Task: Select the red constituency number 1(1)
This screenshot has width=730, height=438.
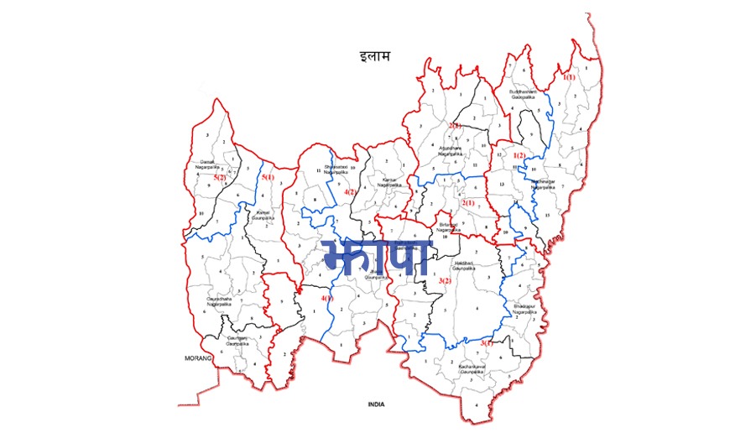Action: [x=569, y=77]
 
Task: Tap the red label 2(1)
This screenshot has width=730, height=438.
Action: [x=468, y=203]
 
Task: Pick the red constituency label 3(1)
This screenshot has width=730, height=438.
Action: [x=486, y=343]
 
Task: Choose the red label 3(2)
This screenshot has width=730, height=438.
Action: [x=445, y=280]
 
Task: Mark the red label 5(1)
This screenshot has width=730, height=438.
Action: [x=268, y=178]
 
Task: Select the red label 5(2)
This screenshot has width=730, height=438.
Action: [x=221, y=178]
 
